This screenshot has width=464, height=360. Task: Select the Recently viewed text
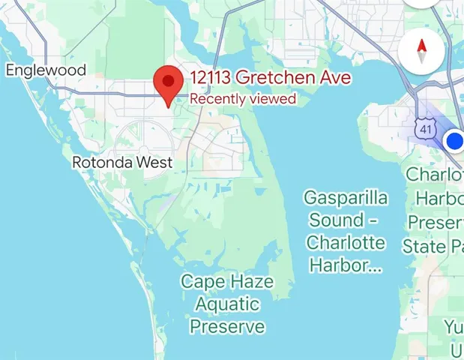click(242, 98)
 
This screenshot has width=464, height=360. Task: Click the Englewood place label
click(46, 70)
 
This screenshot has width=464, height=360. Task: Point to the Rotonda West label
click(122, 162)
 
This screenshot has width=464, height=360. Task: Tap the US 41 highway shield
click(426, 129)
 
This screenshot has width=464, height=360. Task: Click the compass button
click(422, 52)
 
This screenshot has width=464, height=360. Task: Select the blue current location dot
click(454, 140)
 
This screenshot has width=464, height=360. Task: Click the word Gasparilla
click(346, 198)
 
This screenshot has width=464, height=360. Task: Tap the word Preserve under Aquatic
click(227, 327)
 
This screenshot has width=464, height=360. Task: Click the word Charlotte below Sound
click(346, 243)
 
